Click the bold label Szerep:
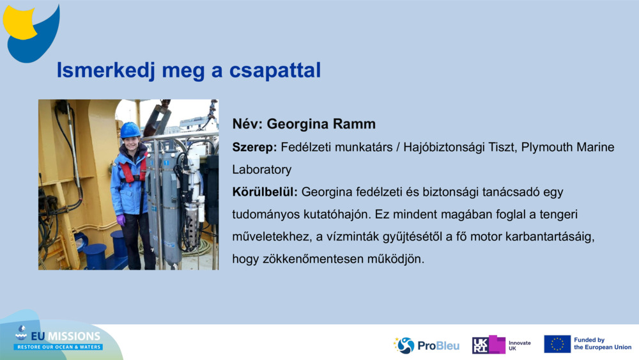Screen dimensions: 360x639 254,148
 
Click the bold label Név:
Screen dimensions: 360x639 247,124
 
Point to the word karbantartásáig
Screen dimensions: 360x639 550,237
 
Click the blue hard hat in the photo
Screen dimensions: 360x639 130,130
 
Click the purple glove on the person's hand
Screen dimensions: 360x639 121,220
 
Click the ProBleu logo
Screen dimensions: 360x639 426,345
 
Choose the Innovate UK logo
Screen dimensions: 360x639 502,345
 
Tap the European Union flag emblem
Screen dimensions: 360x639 557,344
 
